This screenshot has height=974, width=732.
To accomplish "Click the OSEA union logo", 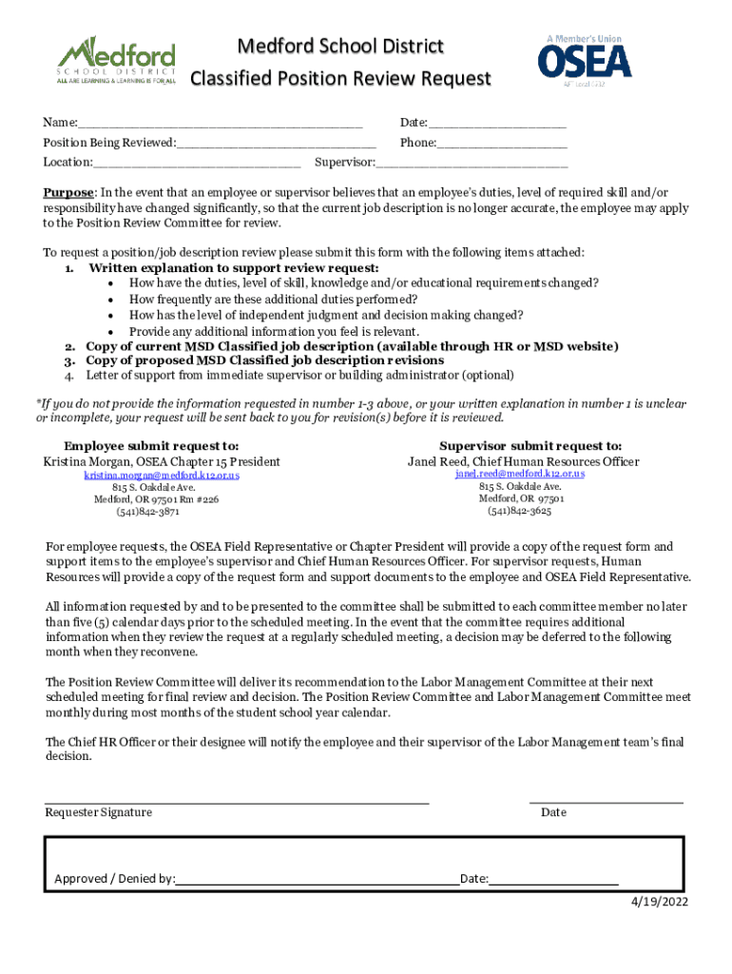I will pos(584,60).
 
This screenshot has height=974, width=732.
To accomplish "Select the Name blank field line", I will pos(220,124).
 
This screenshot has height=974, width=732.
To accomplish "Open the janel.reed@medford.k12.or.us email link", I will pos(520,474).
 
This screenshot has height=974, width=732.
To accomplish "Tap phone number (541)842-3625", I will pos(520,510).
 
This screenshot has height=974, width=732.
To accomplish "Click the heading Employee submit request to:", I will pos(151,445).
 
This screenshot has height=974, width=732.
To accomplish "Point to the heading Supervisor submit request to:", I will pos(530,445).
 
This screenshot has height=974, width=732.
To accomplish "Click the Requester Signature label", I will pos(99,812).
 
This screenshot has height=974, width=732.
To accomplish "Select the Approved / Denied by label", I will pos(114,879).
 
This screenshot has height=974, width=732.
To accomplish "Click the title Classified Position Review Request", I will pos(340,78).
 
